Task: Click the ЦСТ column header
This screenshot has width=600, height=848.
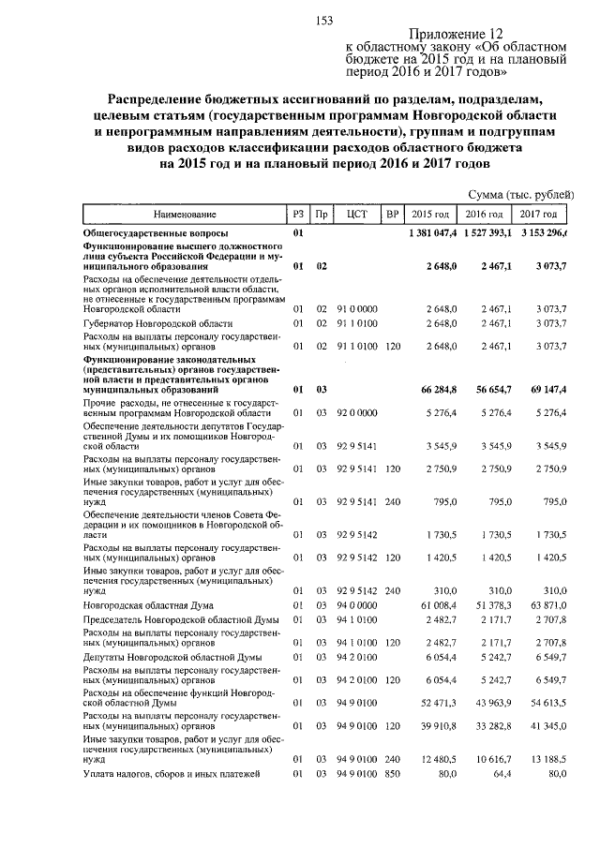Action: [355, 214]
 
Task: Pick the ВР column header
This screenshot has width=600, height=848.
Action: [392, 214]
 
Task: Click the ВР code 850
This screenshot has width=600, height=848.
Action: [392, 774]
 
